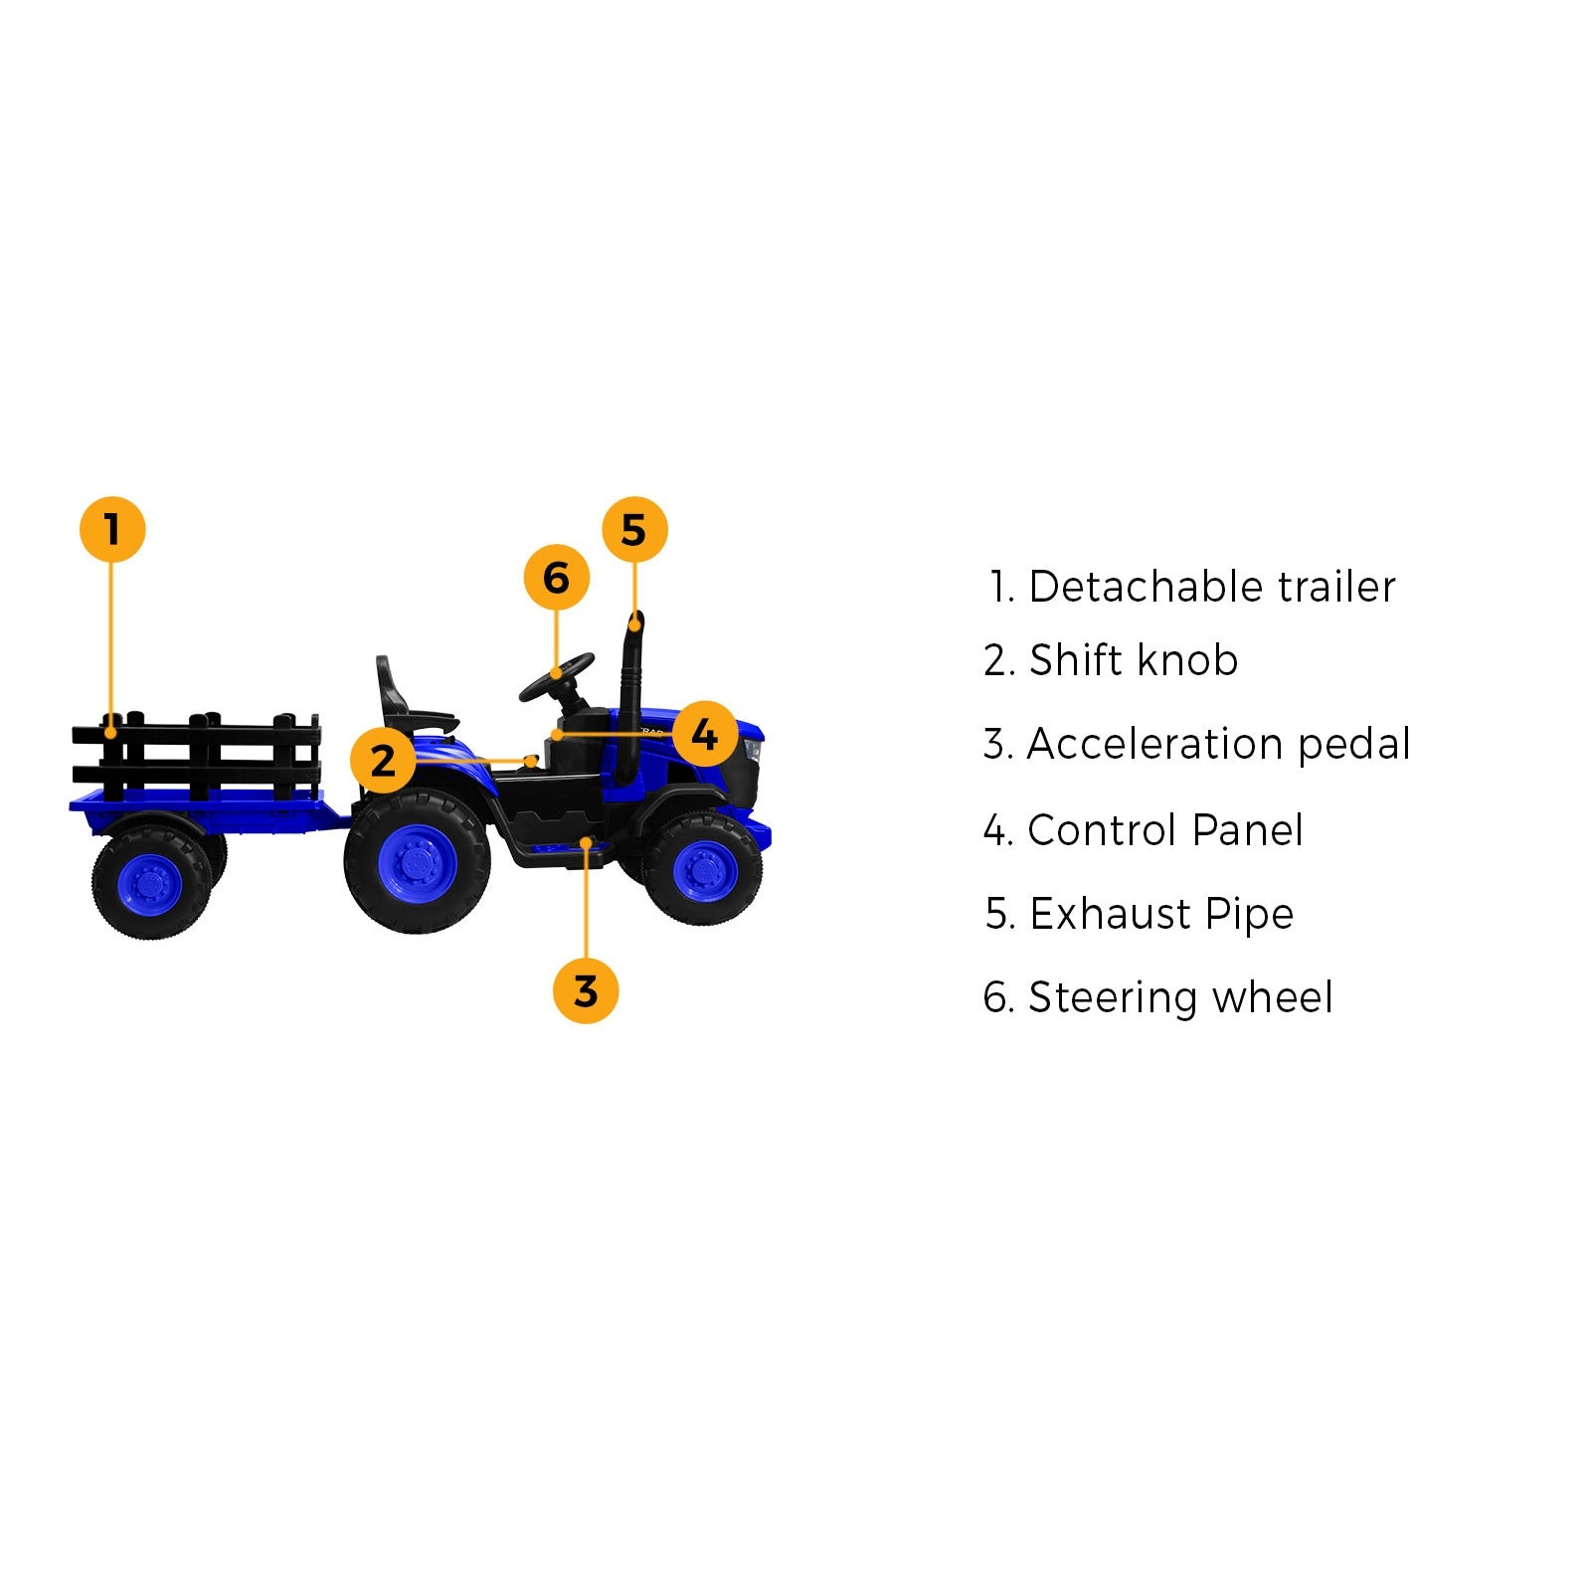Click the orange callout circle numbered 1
[x=112, y=530]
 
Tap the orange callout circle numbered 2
[x=383, y=761]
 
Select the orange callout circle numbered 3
[x=586, y=990]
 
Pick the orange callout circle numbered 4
[x=704, y=735]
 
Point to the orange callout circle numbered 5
[x=634, y=530]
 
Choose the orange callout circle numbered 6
[x=557, y=578]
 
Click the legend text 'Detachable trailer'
[x=1211, y=587]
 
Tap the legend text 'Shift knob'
[x=1133, y=660]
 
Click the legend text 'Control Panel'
[x=1164, y=830]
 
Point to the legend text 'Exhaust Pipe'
[x=1161, y=914]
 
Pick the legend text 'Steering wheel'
[x=1179, y=997]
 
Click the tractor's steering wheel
[x=557, y=676]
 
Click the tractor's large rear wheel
[x=418, y=861]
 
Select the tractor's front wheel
[x=704, y=868]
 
